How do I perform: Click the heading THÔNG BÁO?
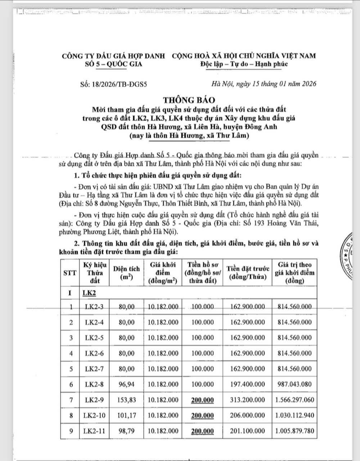tap(189, 100)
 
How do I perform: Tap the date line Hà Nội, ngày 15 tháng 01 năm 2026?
tap(264, 84)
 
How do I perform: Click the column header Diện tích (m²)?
tap(126, 272)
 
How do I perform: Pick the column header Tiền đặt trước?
tap(248, 272)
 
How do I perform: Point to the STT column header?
tap(70, 272)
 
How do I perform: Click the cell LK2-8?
tap(94, 384)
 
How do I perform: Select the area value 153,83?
tap(126, 400)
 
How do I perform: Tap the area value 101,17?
tap(126, 415)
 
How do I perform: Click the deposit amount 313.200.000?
tap(248, 400)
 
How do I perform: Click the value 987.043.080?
tap(294, 384)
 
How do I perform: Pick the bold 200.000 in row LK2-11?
tap(202, 431)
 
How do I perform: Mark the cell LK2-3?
tap(94, 307)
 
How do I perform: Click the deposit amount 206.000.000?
tap(248, 415)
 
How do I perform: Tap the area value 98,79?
tap(126, 431)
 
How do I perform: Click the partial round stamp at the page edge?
tap(351, 256)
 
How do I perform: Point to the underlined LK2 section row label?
tap(88, 293)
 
